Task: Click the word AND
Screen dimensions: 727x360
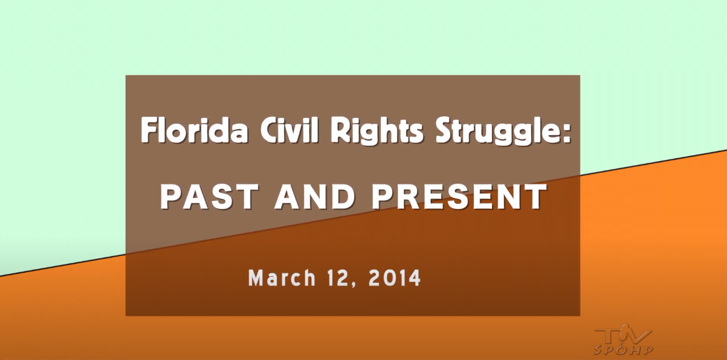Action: click(x=315, y=197)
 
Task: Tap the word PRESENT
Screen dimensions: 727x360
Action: click(x=459, y=197)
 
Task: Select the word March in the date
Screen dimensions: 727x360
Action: click(x=282, y=278)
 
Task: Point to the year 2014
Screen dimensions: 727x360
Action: click(x=395, y=278)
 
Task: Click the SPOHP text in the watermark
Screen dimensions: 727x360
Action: click(x=623, y=350)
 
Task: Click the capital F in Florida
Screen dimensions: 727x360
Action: click(x=149, y=130)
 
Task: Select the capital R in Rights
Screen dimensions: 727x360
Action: click(x=340, y=130)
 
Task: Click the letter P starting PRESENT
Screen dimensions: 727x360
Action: click(x=381, y=197)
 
